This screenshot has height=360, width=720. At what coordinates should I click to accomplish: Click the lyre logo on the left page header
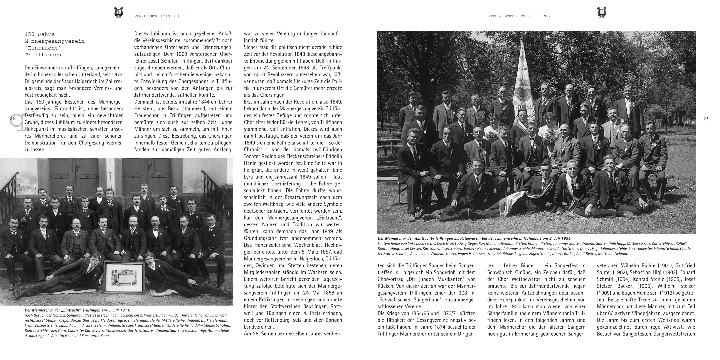(118, 13)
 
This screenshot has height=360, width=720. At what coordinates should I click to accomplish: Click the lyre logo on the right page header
(602, 13)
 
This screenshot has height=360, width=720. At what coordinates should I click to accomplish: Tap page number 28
(13, 119)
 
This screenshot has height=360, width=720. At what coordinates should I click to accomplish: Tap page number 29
(706, 119)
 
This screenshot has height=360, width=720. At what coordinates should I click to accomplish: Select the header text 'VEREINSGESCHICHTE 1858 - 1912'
(519, 16)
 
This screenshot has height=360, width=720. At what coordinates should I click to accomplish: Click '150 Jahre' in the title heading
(40, 34)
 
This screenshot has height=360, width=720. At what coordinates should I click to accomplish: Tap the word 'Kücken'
(386, 286)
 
